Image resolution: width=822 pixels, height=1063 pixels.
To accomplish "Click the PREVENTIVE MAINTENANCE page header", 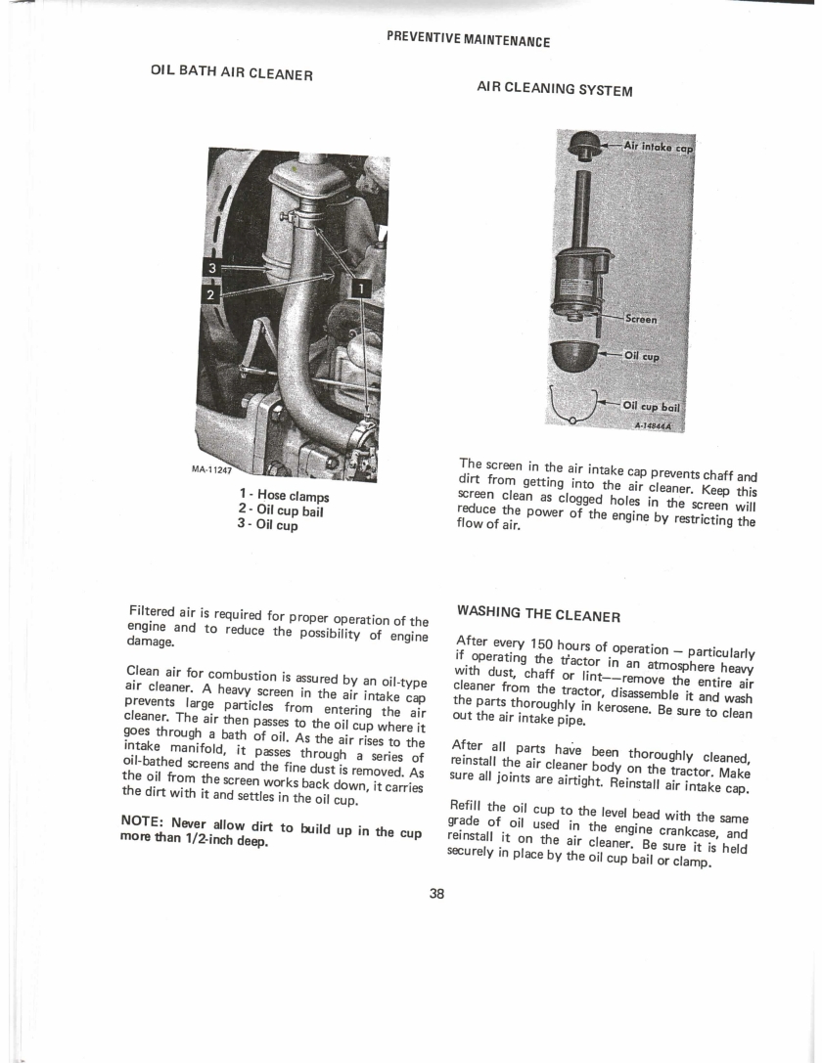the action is (468, 39).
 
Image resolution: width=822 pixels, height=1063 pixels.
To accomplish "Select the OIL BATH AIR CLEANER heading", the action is (231, 71).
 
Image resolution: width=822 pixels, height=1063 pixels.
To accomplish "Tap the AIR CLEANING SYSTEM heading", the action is (555, 89).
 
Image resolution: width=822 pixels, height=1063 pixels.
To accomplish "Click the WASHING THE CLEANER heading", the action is (538, 613).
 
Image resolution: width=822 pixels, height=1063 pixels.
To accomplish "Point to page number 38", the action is (436, 894).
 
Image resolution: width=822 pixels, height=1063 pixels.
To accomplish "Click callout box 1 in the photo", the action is (361, 289).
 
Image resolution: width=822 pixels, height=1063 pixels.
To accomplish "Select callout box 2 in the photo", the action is (211, 295).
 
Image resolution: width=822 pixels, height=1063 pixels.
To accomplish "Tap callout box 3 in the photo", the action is (211, 269).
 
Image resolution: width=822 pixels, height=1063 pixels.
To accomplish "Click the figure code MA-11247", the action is (211, 469).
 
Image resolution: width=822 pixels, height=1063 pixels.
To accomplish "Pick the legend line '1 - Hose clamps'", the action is (284, 496).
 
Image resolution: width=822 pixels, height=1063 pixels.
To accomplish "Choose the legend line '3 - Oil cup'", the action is (267, 525).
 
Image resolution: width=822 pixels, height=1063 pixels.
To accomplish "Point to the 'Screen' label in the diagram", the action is (641, 319).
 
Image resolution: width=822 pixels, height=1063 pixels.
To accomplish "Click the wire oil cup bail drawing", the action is (574, 406).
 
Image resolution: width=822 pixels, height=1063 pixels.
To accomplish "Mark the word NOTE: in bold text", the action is (142, 820).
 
